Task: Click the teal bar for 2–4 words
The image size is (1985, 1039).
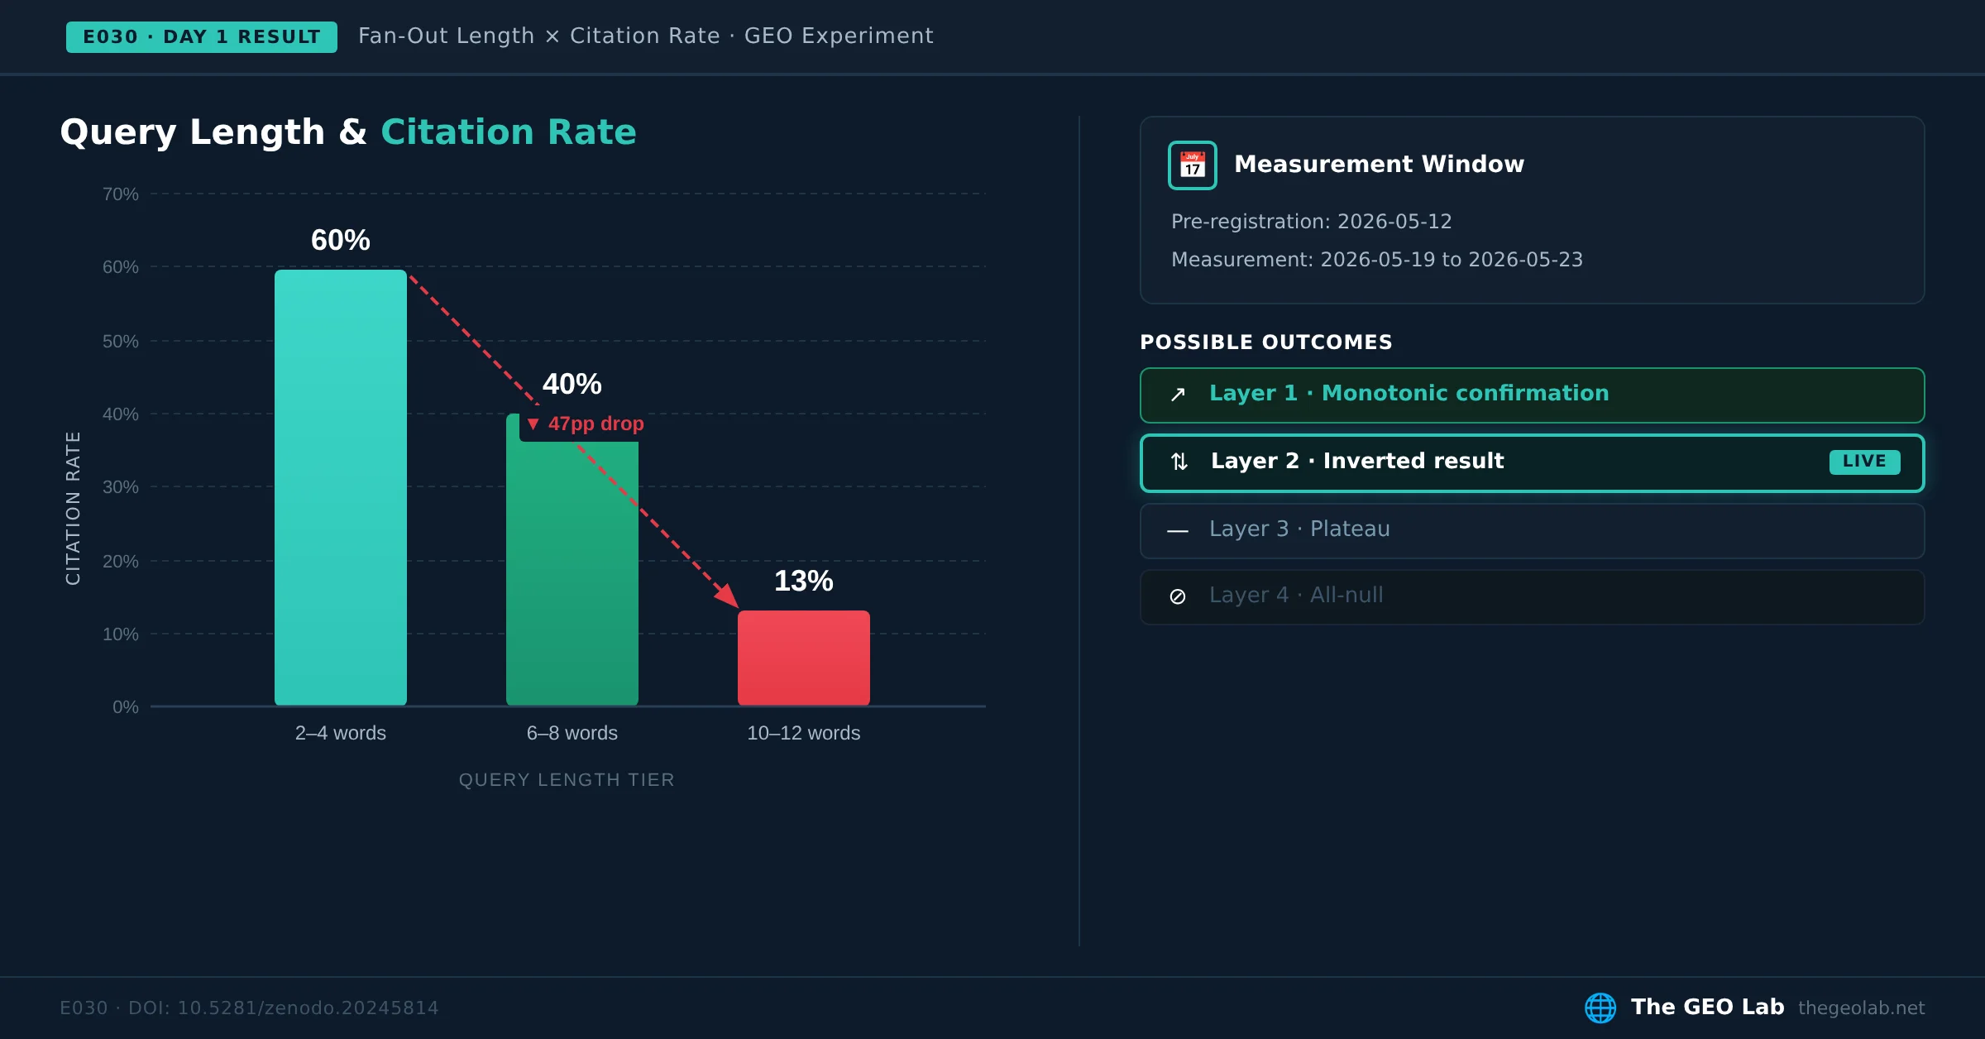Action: pos(341,487)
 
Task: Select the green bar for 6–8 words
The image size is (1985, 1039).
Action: pos(572,571)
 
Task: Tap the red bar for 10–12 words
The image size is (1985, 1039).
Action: pos(804,658)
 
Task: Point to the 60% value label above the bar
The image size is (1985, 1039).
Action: pos(341,240)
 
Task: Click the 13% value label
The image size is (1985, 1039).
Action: pos(804,581)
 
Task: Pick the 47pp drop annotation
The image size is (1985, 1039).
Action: pos(586,424)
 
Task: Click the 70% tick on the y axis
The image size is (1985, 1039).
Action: pos(121,194)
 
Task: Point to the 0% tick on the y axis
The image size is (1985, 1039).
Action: pos(126,707)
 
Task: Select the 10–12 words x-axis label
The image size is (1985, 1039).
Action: pos(804,733)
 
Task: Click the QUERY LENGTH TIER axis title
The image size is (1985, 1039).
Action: pos(567,780)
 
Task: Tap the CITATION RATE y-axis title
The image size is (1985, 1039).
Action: pos(73,508)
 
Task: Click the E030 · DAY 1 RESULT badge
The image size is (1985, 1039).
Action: pos(202,37)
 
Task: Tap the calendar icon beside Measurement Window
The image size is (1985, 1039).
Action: pos(1193,165)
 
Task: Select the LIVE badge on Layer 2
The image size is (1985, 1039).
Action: pos(1864,462)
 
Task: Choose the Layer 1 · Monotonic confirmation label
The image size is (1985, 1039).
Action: pos(1409,393)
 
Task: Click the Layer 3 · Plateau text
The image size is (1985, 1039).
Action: pos(1299,529)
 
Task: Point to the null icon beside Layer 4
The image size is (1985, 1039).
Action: pos(1178,596)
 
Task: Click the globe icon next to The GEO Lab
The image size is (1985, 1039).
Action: pos(1600,1008)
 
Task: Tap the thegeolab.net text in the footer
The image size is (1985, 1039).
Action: pos(1862,1008)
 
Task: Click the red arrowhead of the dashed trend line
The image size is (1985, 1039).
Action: pos(728,596)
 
